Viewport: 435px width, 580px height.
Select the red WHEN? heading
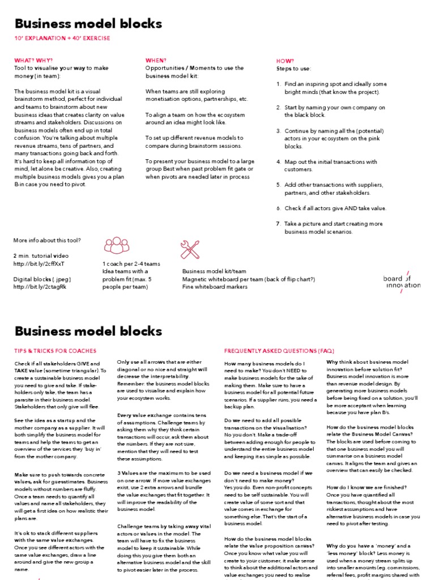coord(156,60)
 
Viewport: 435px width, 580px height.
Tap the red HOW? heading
coord(284,60)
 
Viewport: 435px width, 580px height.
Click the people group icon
coord(116,245)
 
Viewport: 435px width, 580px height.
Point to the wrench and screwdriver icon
coord(190,249)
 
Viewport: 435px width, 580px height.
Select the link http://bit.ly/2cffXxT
coord(39,264)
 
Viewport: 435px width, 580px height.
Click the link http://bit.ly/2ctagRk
coord(40,287)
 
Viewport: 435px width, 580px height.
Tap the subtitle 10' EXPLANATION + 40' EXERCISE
coord(62,39)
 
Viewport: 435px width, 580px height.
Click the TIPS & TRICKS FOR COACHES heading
coord(55,351)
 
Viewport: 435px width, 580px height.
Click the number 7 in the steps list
coord(278,224)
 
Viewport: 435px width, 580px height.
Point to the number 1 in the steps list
coord(278,84)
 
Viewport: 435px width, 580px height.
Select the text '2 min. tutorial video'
coord(41,256)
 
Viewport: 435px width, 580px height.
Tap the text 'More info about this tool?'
coord(47,240)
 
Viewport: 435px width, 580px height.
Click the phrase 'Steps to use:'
coord(293,69)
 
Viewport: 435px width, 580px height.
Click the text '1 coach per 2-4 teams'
coord(131,264)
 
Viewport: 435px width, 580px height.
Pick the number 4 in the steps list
coord(278,161)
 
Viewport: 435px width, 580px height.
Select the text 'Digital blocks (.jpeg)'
coord(42,279)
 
